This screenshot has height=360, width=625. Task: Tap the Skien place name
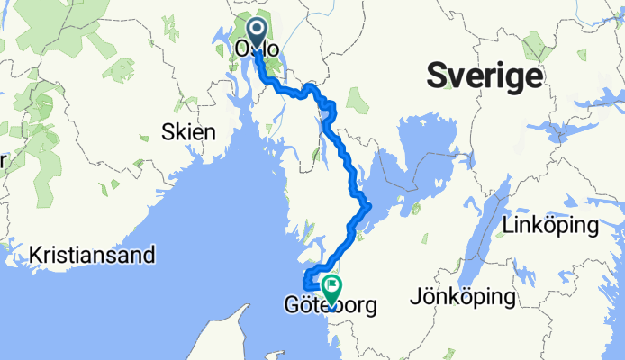(x=188, y=132)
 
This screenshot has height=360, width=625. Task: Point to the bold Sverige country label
(x=485, y=75)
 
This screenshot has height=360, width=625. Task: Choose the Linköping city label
(x=552, y=225)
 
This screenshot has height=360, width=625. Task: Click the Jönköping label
(x=462, y=296)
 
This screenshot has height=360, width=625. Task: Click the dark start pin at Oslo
(x=257, y=35)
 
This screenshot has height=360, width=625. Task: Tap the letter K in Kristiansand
(x=35, y=255)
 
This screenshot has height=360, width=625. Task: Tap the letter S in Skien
(x=167, y=132)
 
